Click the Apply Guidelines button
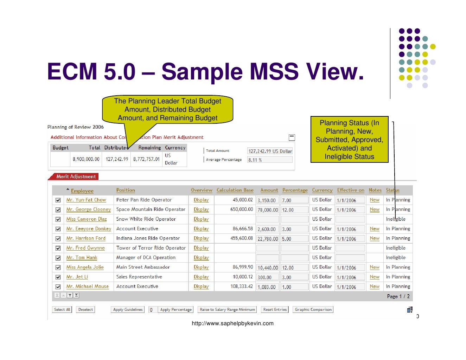(128, 310)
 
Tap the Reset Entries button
(275, 310)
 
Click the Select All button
(62, 310)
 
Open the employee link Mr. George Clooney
(88, 210)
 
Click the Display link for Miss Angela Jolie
(201, 267)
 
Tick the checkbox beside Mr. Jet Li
(58, 277)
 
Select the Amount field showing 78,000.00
(268, 210)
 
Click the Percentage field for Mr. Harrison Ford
(295, 239)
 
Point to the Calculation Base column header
(235, 190)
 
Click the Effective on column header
(351, 190)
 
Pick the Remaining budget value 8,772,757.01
(146, 159)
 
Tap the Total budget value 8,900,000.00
(86, 159)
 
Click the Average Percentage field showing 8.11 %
(270, 160)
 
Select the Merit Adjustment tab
(76, 176)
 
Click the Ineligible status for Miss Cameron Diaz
(396, 219)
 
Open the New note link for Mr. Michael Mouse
(375, 287)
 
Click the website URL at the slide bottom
(232, 323)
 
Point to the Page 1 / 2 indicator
(398, 296)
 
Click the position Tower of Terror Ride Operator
(151, 248)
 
